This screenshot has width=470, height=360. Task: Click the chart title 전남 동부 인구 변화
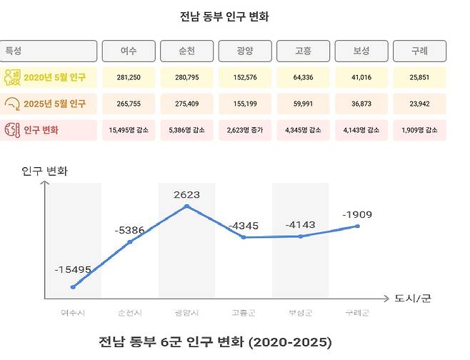(234, 16)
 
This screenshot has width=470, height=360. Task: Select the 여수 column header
(129, 51)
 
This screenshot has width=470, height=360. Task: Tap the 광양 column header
(246, 51)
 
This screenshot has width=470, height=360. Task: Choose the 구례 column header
(419, 51)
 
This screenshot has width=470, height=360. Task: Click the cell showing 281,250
(129, 78)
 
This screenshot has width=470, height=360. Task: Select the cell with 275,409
(188, 104)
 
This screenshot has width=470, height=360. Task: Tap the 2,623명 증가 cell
(246, 130)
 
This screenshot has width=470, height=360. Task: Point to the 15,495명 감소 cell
(129, 130)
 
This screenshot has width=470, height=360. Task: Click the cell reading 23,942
(419, 104)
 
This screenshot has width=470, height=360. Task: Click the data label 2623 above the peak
(186, 194)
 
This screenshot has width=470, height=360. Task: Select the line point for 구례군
(357, 226)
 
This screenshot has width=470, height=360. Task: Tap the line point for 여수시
(73, 286)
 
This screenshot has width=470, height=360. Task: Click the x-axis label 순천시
(130, 313)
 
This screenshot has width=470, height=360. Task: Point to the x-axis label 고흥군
(244, 313)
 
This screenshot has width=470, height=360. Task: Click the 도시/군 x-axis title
(413, 298)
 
